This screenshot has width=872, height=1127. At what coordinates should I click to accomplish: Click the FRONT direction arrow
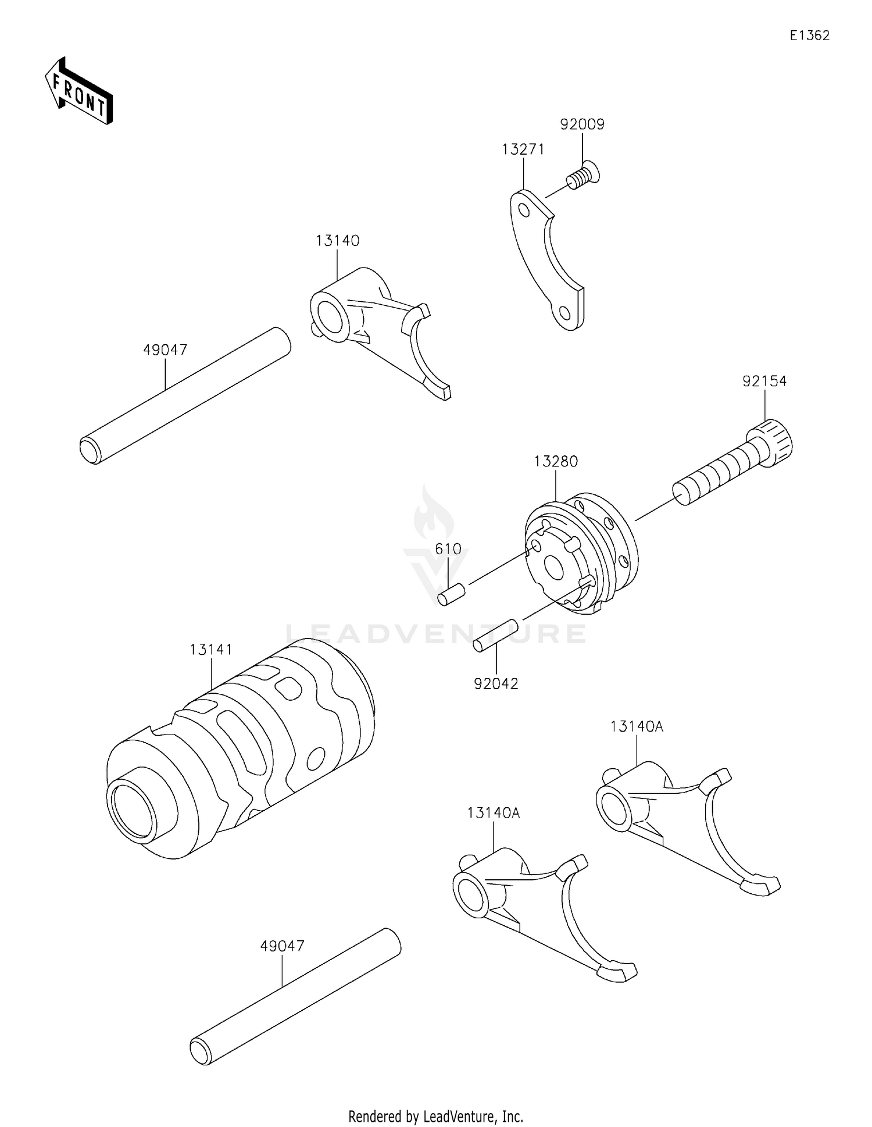pos(78,92)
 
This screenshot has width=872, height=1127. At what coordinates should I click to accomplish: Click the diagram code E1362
pos(809,35)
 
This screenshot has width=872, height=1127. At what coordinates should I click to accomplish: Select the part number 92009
pos(582,124)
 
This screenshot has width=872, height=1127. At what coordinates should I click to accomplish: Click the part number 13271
pos(523,149)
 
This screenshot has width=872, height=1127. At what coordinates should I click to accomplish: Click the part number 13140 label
pos(337,240)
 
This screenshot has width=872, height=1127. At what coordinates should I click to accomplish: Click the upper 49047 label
pos(165,349)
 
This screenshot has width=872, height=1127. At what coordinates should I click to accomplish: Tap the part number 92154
pos(764,381)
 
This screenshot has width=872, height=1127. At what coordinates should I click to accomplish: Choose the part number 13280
pos(556,461)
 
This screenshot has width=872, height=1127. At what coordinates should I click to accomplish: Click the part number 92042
pos(496,684)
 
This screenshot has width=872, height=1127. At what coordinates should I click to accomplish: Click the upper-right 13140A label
pos(637,726)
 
